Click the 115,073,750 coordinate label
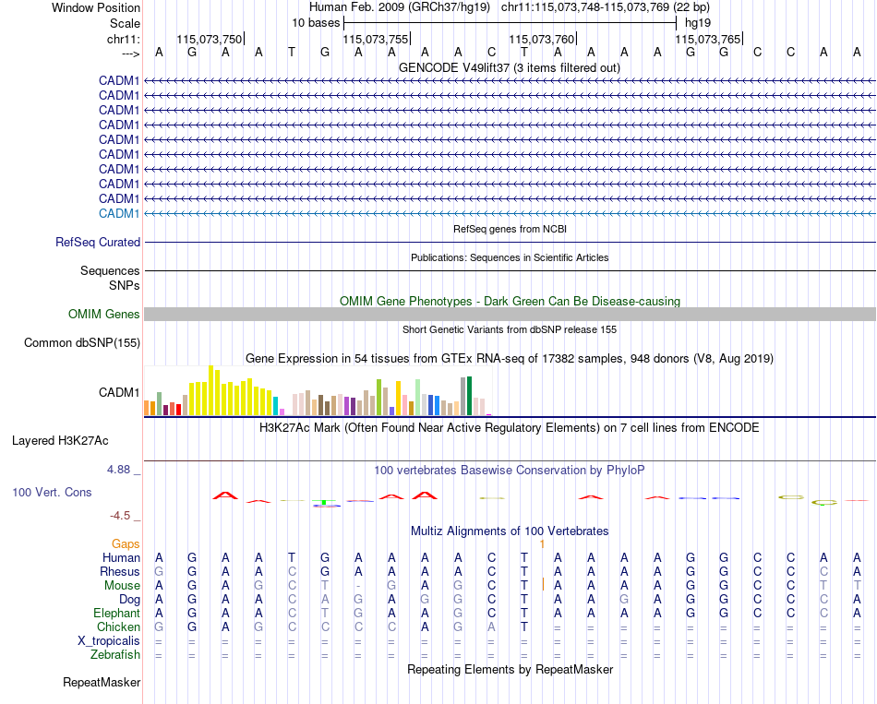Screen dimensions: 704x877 (x=209, y=39)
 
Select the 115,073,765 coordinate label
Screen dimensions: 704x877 (x=708, y=39)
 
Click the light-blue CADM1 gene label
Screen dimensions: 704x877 (x=119, y=213)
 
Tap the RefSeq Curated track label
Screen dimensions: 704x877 (x=98, y=243)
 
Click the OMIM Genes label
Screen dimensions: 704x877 (x=104, y=315)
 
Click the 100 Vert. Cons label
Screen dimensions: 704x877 (x=52, y=493)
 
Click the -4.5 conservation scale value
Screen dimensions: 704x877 (x=120, y=516)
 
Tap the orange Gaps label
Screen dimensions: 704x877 (x=126, y=544)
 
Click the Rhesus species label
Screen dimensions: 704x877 (x=120, y=572)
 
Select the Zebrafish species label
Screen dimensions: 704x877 (x=116, y=655)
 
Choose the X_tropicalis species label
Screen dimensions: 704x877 (x=109, y=641)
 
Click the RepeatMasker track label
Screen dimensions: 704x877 (x=102, y=683)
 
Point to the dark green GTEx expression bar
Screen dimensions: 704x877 (x=470, y=395)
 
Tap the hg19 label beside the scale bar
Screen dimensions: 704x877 (x=697, y=22)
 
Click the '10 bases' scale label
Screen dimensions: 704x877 (x=315, y=22)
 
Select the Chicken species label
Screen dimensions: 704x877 (x=118, y=627)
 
